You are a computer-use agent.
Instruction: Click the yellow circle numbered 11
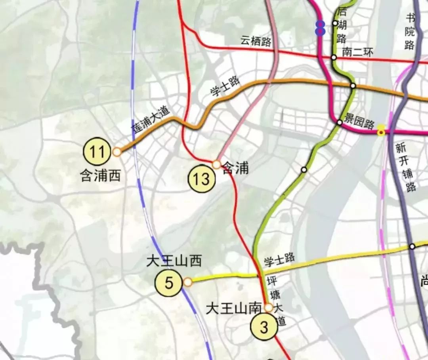97,152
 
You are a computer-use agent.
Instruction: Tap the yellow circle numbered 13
202,179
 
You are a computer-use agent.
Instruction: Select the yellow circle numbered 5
169,283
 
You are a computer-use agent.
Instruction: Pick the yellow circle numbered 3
264,327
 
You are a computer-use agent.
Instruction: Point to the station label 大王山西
174,261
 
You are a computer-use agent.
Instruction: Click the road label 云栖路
256,41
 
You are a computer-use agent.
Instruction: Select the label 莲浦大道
150,122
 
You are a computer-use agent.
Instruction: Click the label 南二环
357,53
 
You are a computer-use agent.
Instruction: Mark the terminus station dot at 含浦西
117,152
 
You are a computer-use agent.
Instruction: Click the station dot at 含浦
216,164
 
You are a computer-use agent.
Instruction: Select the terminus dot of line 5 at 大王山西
188,282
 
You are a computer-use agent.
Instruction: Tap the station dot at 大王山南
269,307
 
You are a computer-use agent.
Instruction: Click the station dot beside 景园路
340,122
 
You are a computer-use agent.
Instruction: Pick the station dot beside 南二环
334,57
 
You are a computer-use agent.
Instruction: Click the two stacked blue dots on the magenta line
320,28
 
